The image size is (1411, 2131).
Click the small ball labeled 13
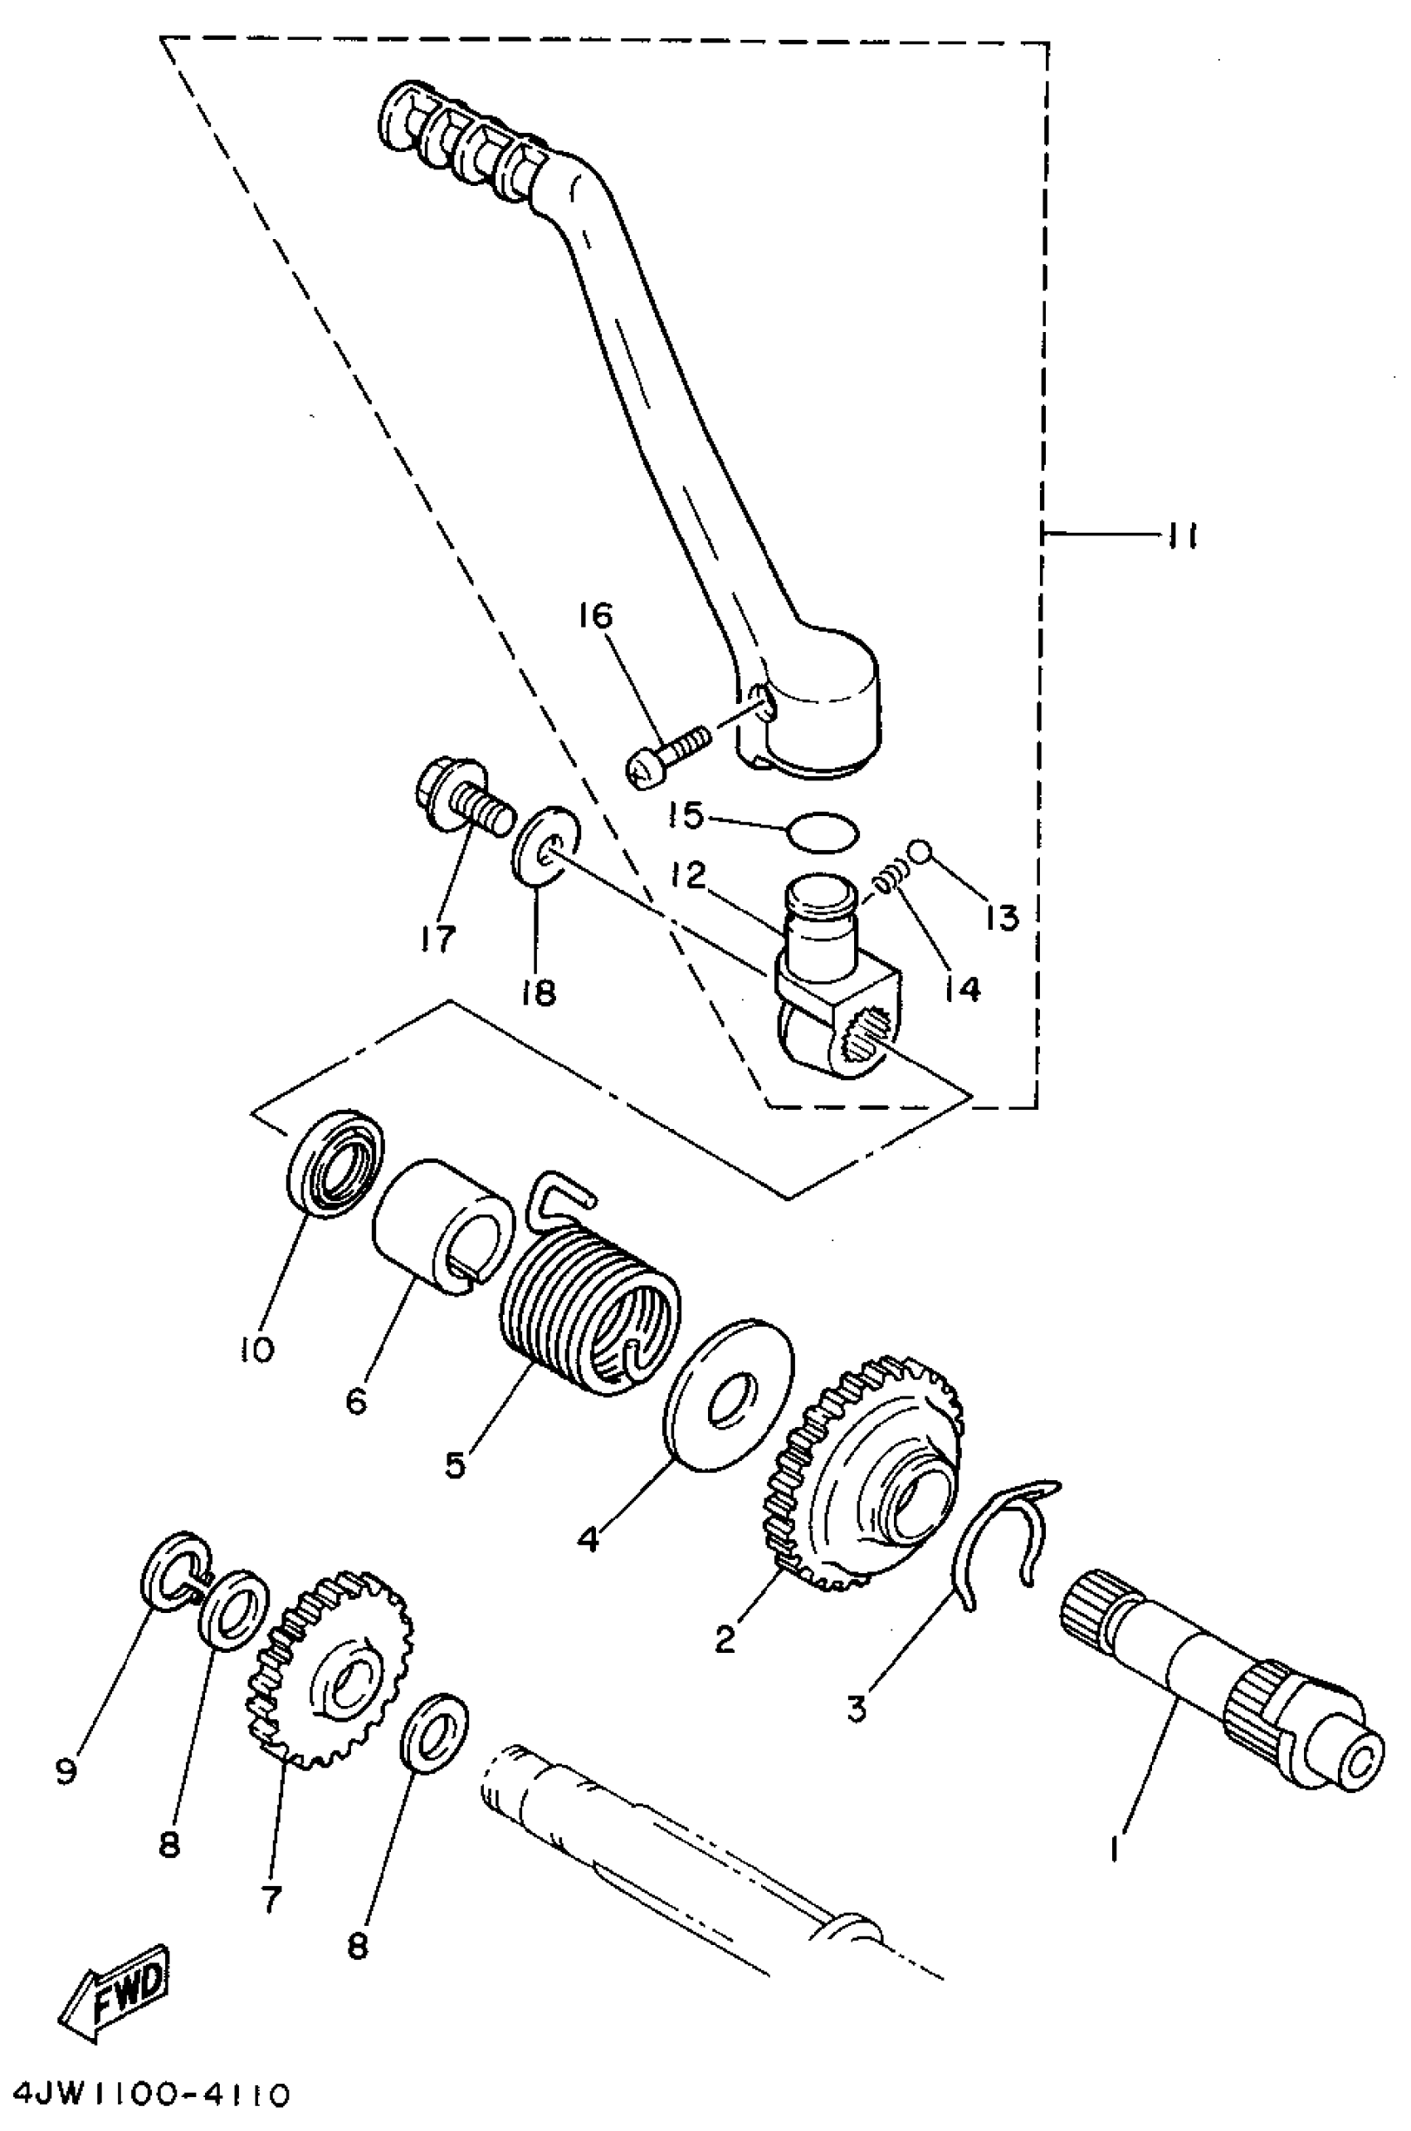point(918,848)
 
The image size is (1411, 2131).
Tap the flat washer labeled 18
point(545,846)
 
